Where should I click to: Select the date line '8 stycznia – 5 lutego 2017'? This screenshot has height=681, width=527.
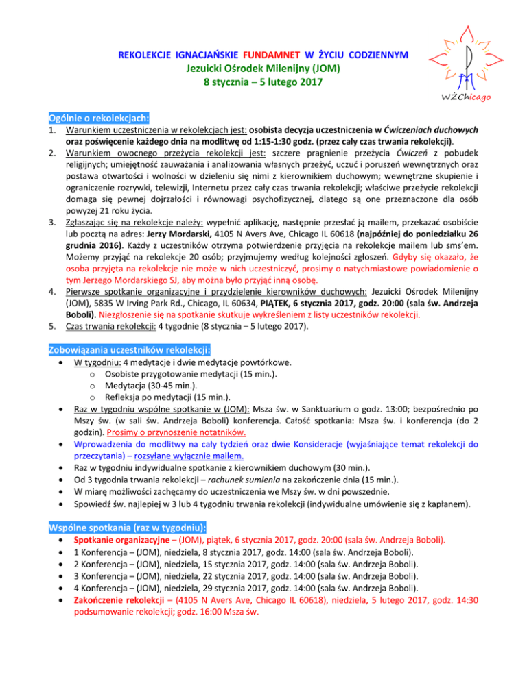point(264,83)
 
